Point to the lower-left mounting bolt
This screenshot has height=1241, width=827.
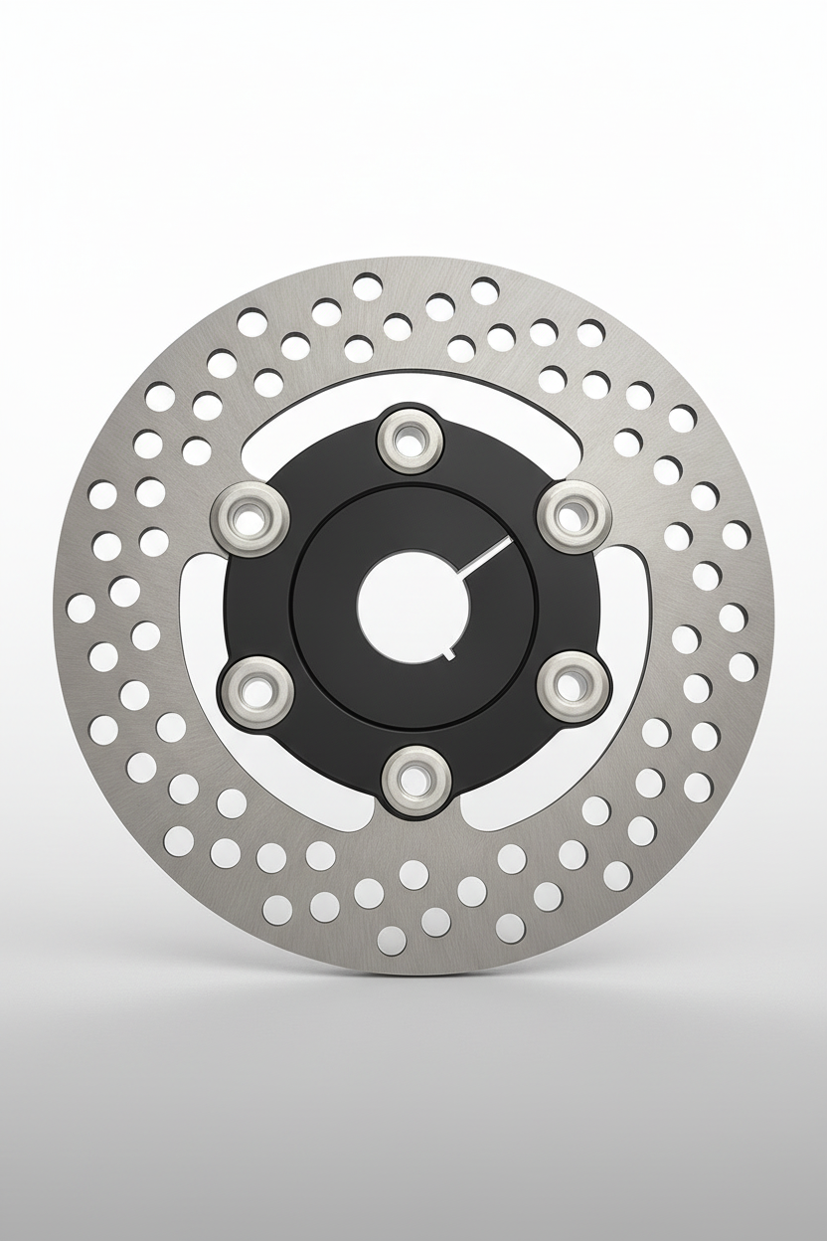point(250,684)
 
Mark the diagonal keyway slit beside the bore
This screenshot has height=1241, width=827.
point(487,557)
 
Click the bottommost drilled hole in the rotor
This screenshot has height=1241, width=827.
point(393,937)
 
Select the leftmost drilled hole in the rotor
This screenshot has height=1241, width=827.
point(80,608)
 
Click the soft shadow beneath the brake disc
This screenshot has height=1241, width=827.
point(413,1004)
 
